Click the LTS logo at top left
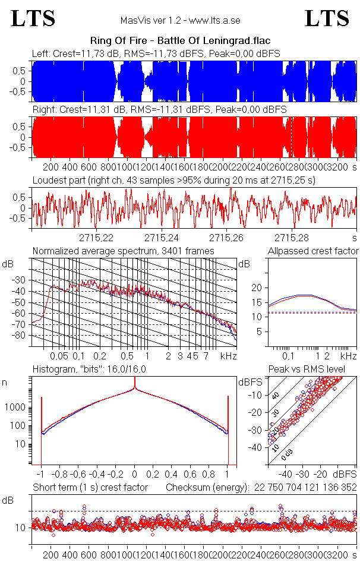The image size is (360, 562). tap(33, 18)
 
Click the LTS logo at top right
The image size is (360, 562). tap(327, 18)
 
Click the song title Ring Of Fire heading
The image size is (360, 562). tap(179, 41)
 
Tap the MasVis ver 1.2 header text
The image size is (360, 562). tap(179, 21)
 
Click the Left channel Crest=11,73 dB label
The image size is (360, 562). tap(75, 54)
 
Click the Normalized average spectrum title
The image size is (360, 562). tap(123, 251)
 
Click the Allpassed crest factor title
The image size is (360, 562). tap(313, 251)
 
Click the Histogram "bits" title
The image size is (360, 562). tap(89, 370)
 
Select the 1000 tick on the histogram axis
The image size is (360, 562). tap(17, 408)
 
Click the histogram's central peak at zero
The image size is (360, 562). tap(134, 389)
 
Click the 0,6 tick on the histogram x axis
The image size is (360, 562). tap(190, 475)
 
